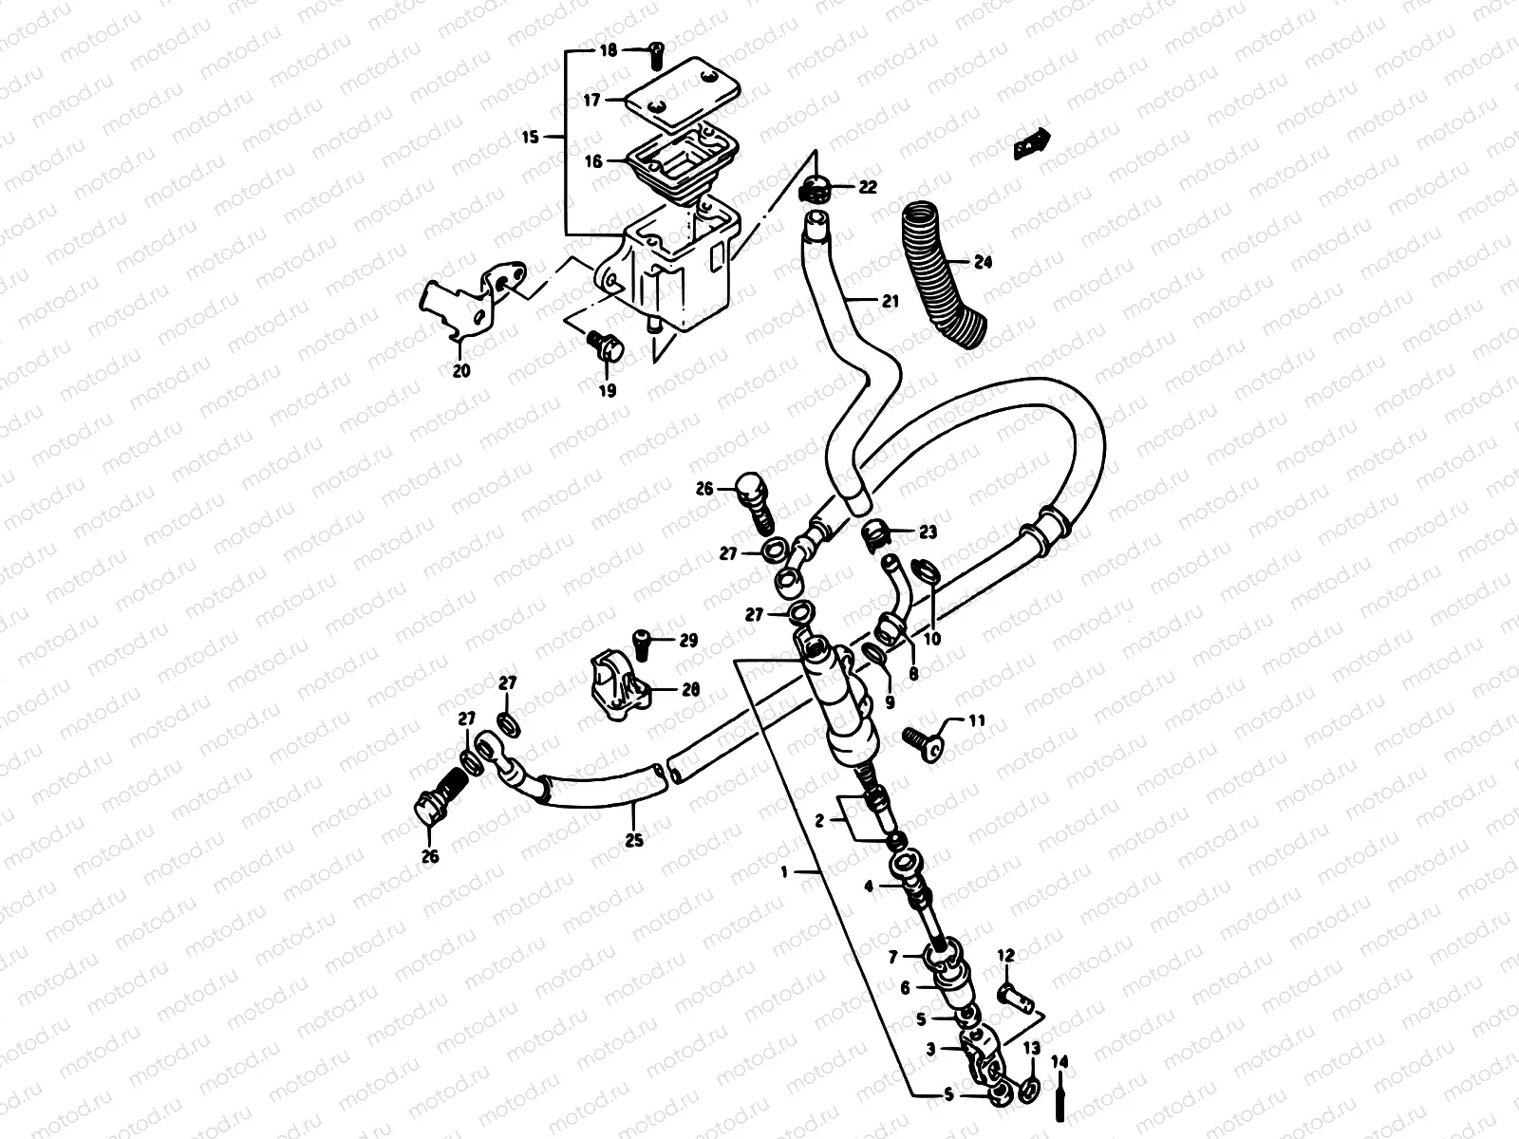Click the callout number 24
[x=982, y=262]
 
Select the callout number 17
[x=591, y=100]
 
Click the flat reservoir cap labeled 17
[x=674, y=91]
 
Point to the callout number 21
[x=889, y=302]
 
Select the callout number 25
[x=634, y=840]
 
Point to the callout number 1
[x=783, y=870]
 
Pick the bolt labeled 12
[x=1013, y=998]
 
